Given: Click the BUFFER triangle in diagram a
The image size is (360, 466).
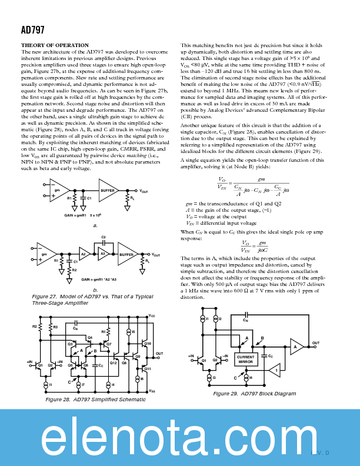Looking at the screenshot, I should click(109, 190).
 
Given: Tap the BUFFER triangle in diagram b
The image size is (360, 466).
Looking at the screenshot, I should click(127, 254).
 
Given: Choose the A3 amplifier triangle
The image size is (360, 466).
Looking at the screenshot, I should click(102, 254).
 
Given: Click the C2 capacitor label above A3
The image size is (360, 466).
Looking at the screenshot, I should click(103, 237).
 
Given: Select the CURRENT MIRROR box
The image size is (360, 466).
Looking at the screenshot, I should click(245, 359).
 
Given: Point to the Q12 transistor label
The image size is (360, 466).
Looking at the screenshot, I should click(114, 363).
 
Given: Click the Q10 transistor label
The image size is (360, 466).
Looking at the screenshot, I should click(148, 343).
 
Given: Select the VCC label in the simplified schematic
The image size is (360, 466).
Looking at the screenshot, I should click(152, 316).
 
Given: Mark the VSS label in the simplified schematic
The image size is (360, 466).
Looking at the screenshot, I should click(152, 391).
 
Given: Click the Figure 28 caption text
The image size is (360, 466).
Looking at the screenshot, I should click(96, 400).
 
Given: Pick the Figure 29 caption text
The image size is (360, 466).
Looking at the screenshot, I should click(246, 394).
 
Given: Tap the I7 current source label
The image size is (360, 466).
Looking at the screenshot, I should click(82, 385).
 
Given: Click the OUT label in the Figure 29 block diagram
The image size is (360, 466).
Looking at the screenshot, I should click(316, 342).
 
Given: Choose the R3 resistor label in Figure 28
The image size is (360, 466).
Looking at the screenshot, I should click(55, 327).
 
